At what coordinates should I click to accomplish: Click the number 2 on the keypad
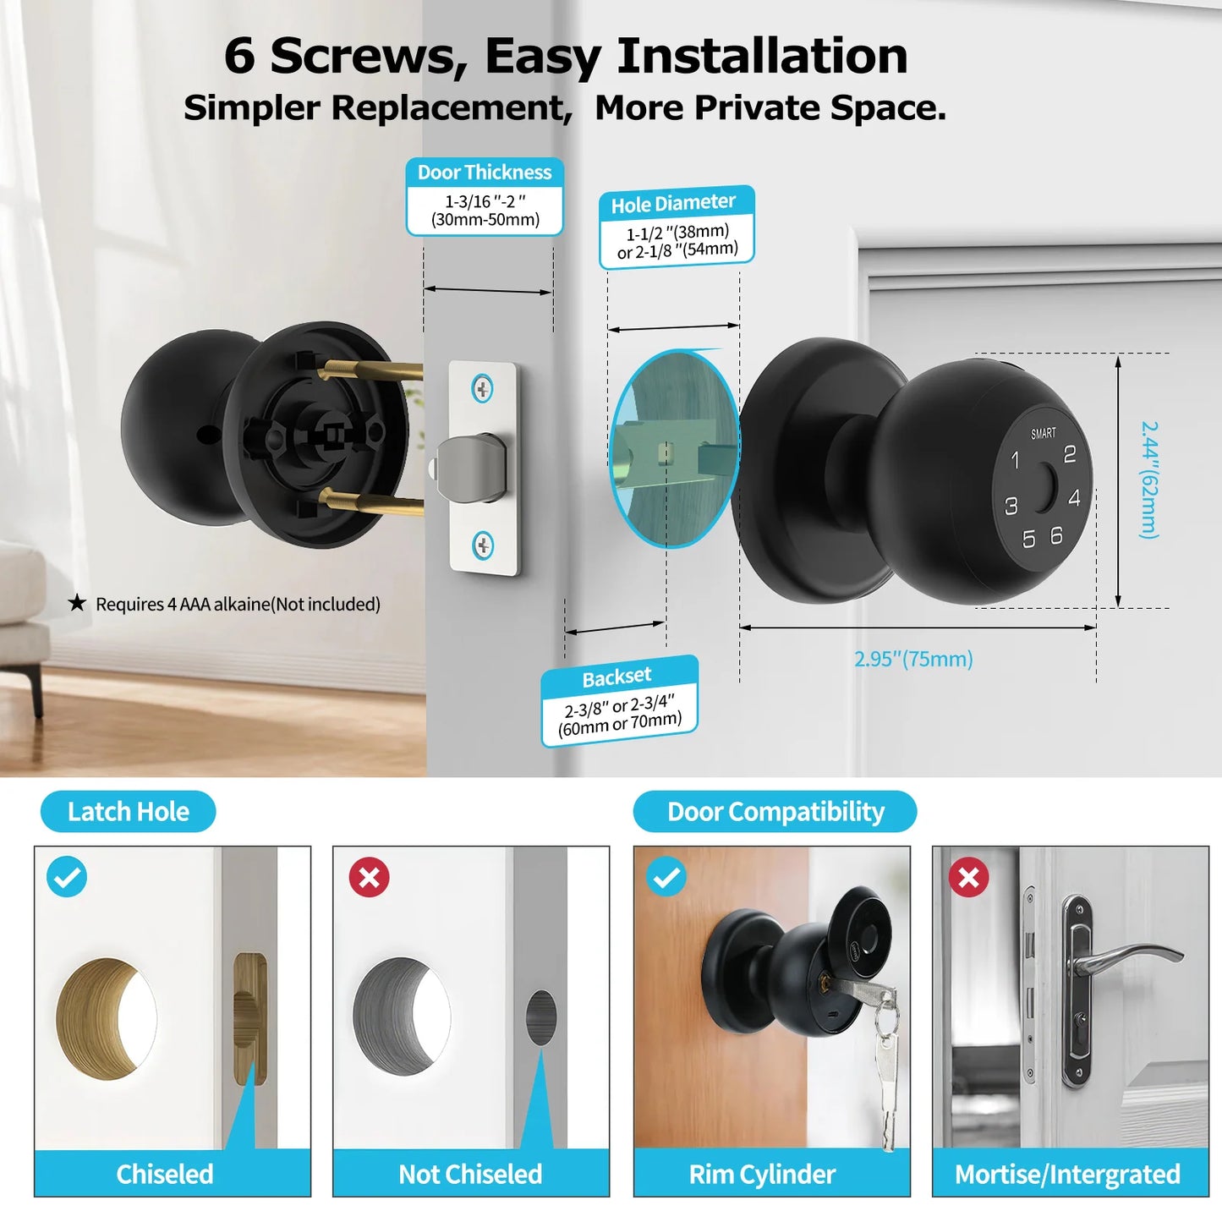1069,455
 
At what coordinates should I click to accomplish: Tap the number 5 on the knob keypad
1028,540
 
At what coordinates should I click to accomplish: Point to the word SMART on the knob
1043,434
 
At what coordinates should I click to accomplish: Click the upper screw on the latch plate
482,389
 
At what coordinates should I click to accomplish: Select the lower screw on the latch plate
483,545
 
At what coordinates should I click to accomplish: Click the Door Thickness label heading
485,173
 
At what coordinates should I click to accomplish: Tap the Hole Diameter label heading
673,204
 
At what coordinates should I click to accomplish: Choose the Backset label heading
616,677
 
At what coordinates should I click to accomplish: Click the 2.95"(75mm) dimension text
913,659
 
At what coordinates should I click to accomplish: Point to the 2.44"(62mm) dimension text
1149,479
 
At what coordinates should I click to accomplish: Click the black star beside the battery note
77,603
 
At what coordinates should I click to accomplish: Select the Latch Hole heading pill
129,812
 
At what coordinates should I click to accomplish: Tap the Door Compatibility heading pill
775,812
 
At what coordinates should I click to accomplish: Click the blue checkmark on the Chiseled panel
67,877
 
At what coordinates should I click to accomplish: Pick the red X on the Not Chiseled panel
370,877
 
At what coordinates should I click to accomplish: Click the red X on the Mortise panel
968,877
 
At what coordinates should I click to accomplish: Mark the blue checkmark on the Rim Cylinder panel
666,877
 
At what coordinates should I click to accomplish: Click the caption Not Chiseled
470,1174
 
